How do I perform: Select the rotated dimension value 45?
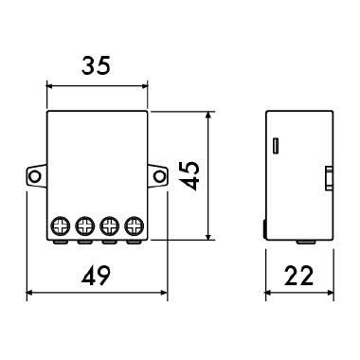click(193, 174)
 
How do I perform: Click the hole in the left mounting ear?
click(35, 175)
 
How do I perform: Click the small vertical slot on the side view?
click(276, 146)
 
